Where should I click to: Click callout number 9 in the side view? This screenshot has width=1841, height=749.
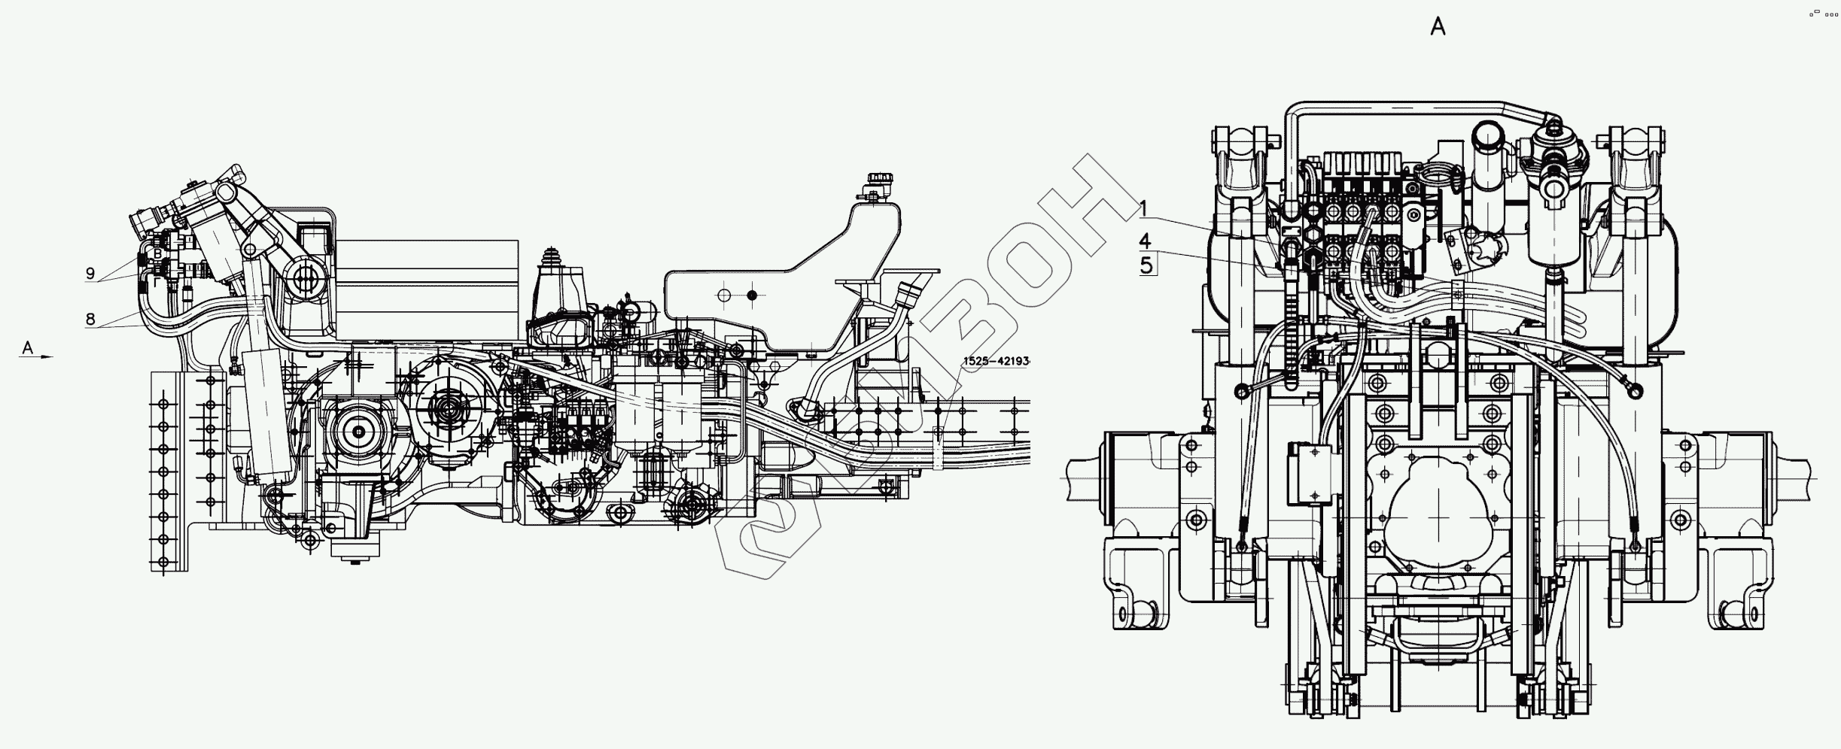tap(90, 274)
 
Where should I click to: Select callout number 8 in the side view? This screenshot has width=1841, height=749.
tap(90, 319)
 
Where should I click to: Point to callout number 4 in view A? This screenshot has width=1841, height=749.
tap(1145, 241)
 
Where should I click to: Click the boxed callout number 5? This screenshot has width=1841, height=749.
tap(1146, 265)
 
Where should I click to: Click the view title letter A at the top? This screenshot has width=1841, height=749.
tap(1438, 28)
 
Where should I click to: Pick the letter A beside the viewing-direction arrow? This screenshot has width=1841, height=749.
tap(28, 347)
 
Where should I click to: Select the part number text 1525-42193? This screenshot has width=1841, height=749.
tap(995, 362)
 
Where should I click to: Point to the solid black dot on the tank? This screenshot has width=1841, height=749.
tap(751, 296)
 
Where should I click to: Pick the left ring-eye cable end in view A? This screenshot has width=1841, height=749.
tap(1240, 389)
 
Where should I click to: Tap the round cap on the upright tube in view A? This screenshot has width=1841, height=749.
tap(1484, 135)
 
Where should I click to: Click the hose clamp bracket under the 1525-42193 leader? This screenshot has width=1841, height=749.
tap(938, 448)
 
